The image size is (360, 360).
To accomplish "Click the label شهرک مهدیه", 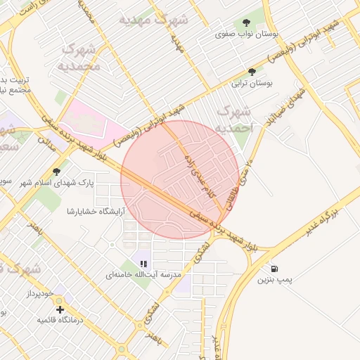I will coord(153,19).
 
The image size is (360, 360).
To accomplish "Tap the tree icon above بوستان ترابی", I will coord(252,72).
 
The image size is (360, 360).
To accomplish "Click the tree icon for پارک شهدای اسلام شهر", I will coord(56,171).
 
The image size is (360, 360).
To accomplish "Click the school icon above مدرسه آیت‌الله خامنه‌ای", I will coord(143,264).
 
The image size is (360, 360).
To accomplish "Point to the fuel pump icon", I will coord(273,269).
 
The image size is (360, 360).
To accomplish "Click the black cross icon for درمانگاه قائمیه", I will coord(60,309).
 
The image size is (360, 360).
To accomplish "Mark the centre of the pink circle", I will coord(180,179).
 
